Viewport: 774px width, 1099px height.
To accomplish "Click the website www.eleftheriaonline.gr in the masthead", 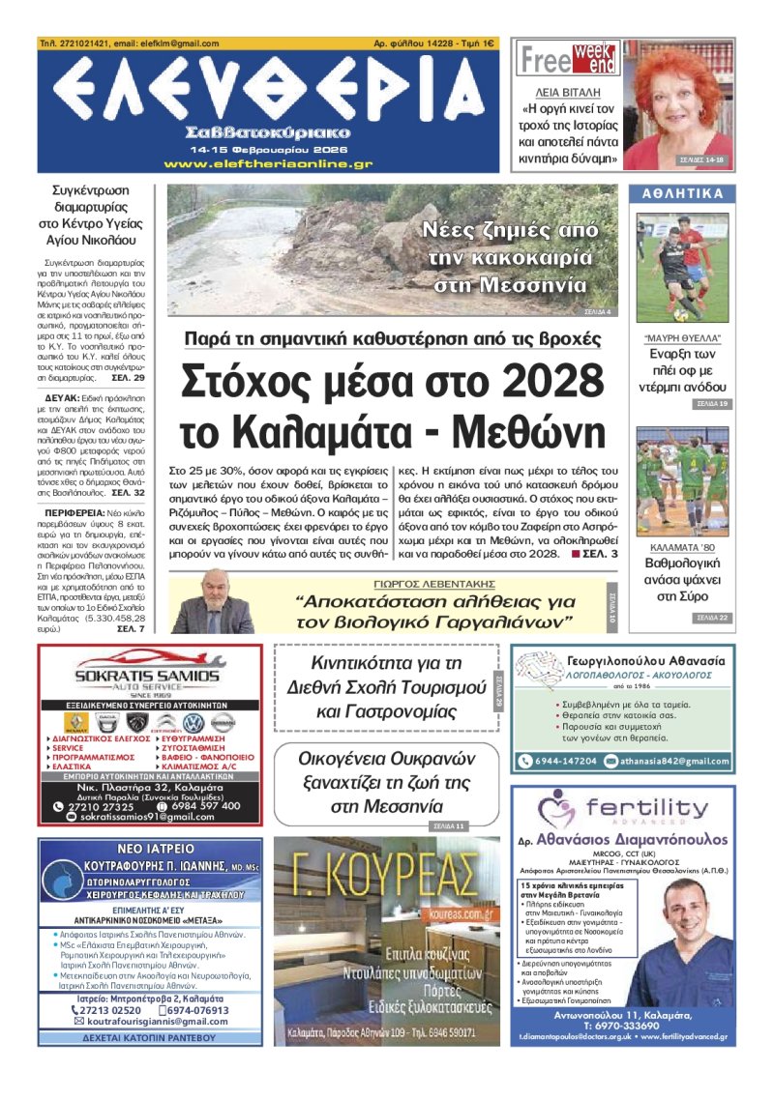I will [268, 164].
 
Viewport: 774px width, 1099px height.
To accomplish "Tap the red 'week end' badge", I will [595, 59].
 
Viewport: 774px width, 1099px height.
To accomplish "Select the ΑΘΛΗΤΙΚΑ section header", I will [683, 194].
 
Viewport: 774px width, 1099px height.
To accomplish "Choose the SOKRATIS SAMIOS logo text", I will [147, 676].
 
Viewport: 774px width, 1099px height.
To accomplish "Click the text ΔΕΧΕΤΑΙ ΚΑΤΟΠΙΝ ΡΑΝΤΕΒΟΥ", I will [150, 1036].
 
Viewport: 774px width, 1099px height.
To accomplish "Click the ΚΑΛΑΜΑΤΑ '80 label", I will [683, 545].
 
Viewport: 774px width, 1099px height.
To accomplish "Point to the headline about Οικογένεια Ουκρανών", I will [385, 780].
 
